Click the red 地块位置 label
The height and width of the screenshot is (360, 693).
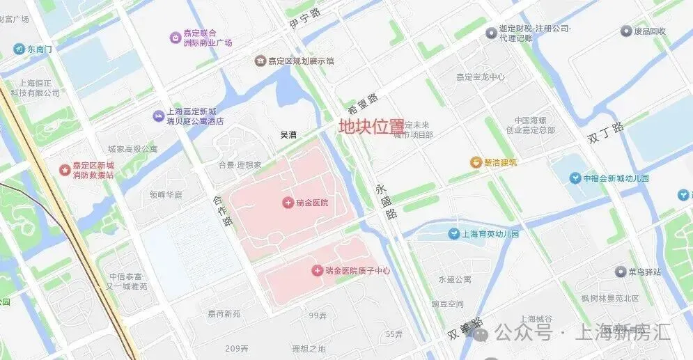(x=371, y=127)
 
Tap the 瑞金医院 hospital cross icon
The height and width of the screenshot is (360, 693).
(x=287, y=203)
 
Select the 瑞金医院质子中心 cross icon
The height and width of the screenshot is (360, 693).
(x=317, y=270)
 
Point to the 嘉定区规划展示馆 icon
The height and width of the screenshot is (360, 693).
(x=260, y=61)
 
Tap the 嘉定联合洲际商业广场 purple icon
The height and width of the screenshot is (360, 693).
(x=175, y=37)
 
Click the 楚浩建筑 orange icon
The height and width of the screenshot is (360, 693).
(x=476, y=163)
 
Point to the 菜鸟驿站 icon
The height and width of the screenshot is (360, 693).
(x=620, y=272)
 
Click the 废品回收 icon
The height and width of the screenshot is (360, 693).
(x=626, y=31)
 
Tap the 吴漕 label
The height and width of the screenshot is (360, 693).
(x=288, y=134)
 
